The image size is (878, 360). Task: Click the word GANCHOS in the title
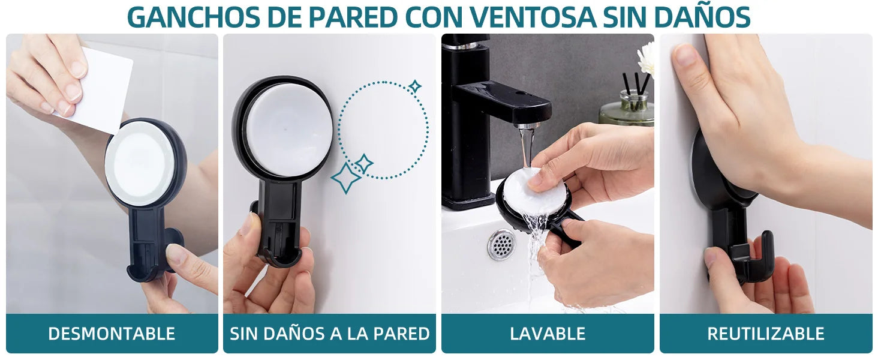[x=193, y=16]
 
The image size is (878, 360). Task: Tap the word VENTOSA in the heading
[x=533, y=16]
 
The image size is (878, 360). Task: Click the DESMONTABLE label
[x=112, y=334]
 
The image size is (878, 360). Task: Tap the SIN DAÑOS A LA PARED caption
[x=330, y=334]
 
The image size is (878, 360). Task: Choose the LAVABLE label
[x=548, y=334]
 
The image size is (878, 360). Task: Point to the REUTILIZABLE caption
[x=765, y=334]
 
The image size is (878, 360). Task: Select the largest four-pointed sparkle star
[x=345, y=178]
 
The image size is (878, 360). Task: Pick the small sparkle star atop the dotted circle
[x=415, y=86]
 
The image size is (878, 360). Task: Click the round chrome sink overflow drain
[x=501, y=245]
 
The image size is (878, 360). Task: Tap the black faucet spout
[x=504, y=103]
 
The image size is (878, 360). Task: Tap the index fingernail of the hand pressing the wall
[x=684, y=55]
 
